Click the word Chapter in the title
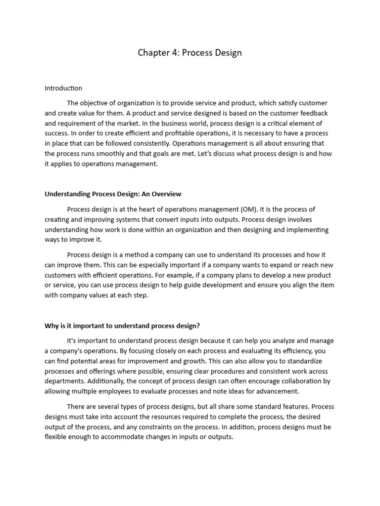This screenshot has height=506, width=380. click(x=152, y=52)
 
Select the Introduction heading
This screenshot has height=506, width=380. click(x=63, y=88)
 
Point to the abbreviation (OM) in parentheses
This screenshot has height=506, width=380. click(x=251, y=209)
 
